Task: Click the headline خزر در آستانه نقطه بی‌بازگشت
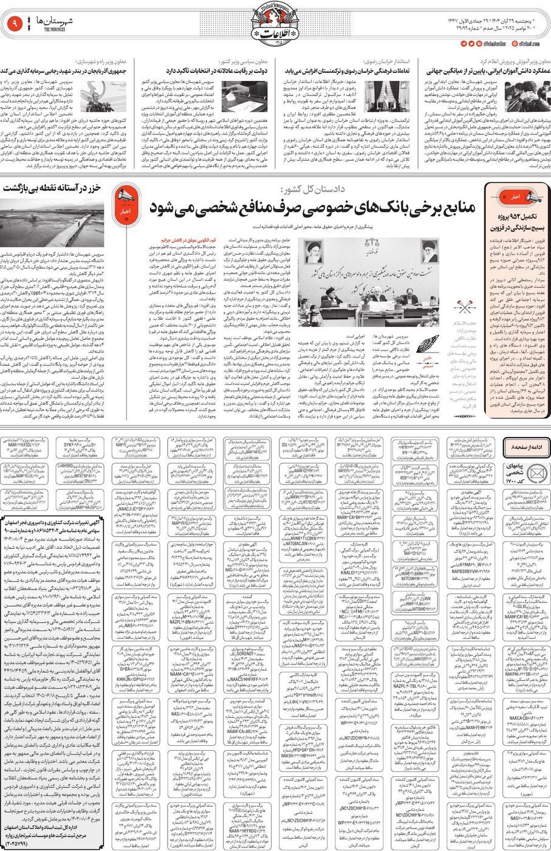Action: coord(53,189)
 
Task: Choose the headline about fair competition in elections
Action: coord(215,71)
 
